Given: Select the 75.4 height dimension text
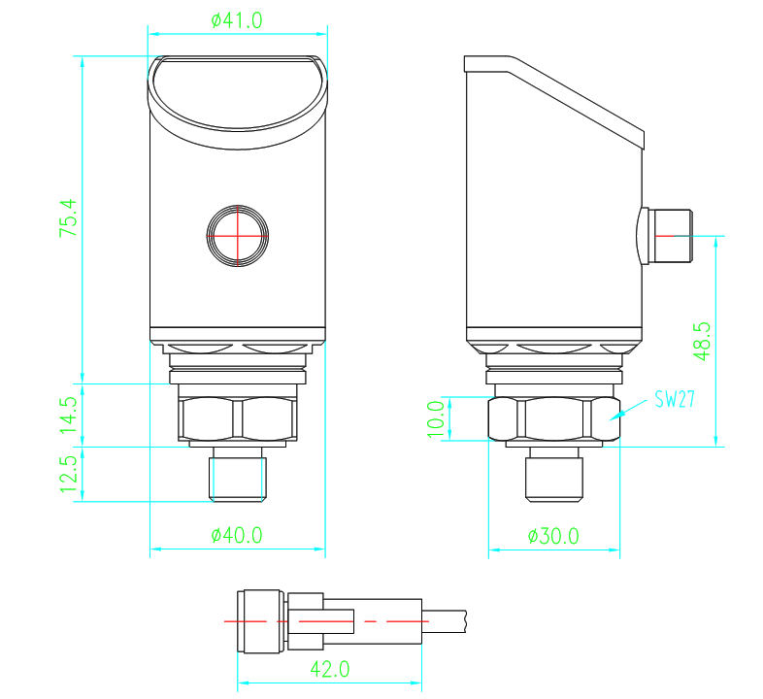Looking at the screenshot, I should tap(67, 220).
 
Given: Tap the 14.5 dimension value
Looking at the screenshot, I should tap(67, 415).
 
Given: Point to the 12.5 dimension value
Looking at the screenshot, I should tap(67, 475).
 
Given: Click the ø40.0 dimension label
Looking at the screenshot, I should tap(237, 535).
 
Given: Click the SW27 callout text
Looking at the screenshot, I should tap(674, 399).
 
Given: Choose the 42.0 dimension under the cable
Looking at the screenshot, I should tap(329, 669).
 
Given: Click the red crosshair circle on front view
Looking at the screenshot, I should tap(237, 235).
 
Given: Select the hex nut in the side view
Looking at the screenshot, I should tap(553, 418).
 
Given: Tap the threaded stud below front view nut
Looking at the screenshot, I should tap(238, 475).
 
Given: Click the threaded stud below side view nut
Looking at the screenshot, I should tap(554, 476).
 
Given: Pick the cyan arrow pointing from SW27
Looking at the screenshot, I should tap(622, 412).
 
